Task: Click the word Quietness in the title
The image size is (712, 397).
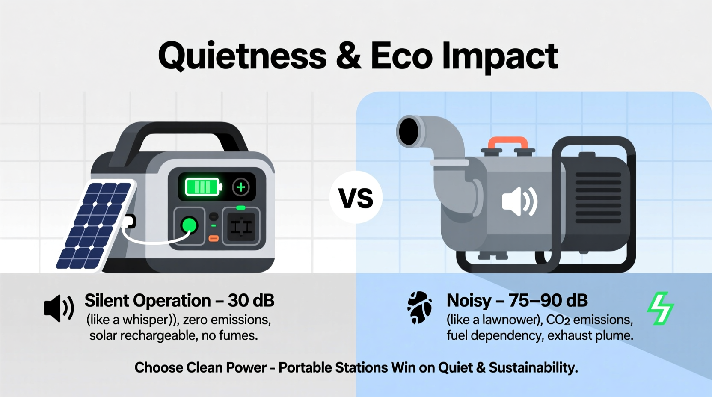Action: click(x=242, y=56)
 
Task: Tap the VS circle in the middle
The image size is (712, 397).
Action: click(x=356, y=198)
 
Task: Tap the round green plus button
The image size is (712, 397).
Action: click(x=241, y=187)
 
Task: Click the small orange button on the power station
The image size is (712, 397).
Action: click(x=214, y=238)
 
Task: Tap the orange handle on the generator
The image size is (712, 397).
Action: click(x=508, y=142)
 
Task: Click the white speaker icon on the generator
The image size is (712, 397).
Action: click(x=519, y=201)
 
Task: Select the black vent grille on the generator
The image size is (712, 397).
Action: click(x=598, y=198)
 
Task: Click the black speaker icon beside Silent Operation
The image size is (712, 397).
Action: click(x=59, y=308)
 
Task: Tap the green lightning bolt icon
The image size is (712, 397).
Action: click(x=660, y=308)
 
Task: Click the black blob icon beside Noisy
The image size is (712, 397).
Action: click(x=419, y=308)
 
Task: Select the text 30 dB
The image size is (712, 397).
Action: click(x=251, y=301)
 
